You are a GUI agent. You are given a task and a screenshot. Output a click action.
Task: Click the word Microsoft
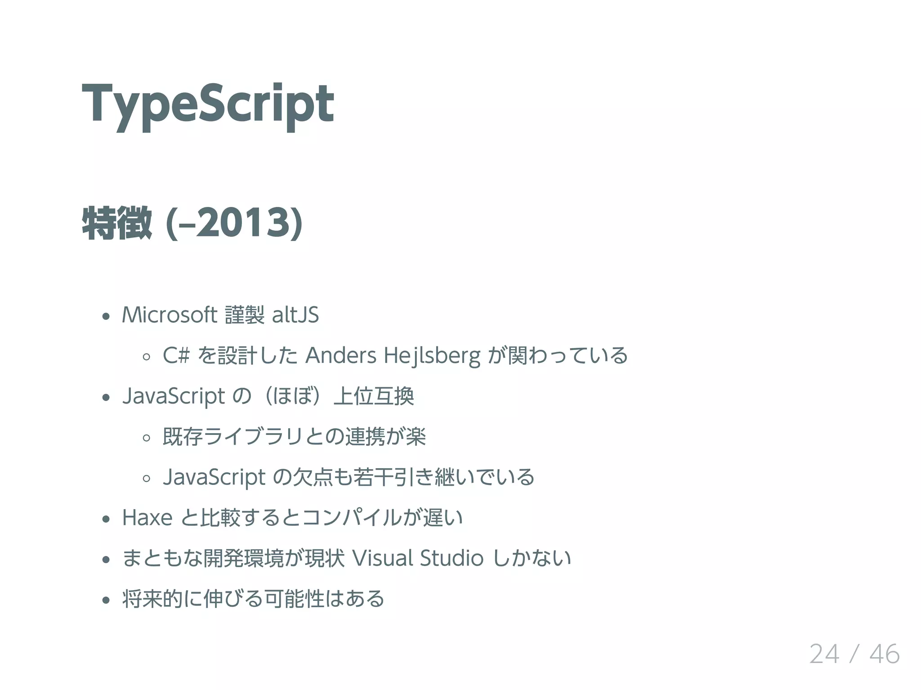[x=170, y=315]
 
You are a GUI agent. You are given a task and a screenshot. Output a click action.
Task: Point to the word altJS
[x=295, y=315]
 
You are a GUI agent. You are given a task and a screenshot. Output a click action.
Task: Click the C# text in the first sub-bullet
[x=176, y=355]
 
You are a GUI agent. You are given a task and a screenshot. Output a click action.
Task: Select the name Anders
[x=341, y=355]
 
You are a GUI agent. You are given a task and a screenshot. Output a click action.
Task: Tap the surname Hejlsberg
[x=432, y=355]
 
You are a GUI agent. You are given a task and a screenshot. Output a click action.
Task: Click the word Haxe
[x=147, y=518]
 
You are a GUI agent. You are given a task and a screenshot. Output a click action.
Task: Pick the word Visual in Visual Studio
[x=383, y=558]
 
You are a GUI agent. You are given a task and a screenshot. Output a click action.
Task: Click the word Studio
[x=452, y=558]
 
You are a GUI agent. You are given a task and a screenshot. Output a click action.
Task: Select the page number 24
[x=824, y=654]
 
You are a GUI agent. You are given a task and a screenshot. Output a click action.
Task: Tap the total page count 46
[x=885, y=654]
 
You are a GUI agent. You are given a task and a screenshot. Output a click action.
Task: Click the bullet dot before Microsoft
[x=106, y=316]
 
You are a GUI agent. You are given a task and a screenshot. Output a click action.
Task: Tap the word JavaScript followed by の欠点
[x=214, y=477]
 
